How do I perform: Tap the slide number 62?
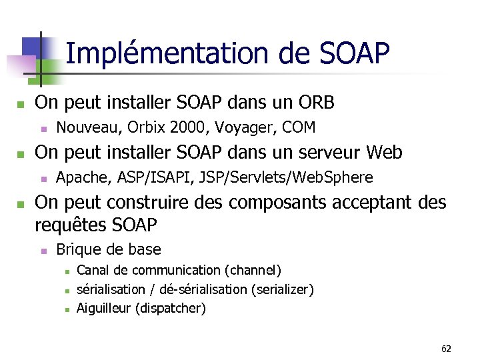[446, 349]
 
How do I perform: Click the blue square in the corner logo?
[31, 47]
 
